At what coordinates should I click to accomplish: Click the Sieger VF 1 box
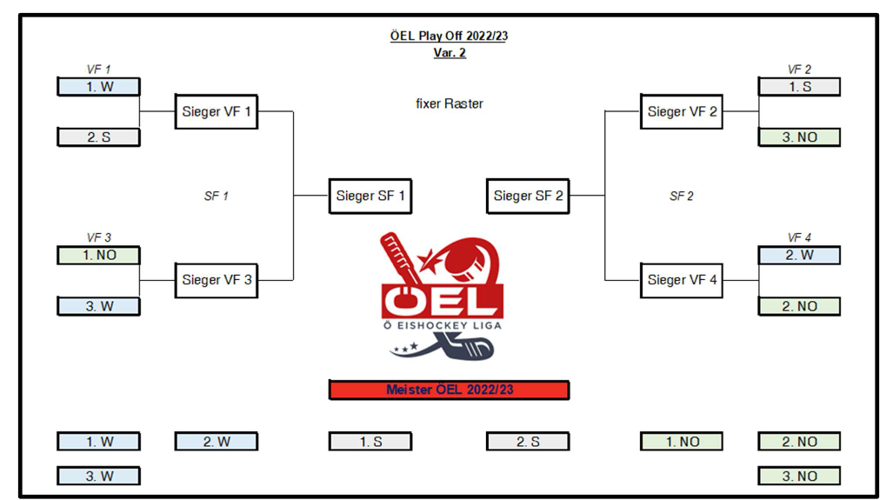(217, 111)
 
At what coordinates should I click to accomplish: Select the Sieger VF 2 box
(682, 111)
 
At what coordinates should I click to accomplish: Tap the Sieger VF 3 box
(217, 280)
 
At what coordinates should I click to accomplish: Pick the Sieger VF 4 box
(682, 280)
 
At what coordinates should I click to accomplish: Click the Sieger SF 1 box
(370, 196)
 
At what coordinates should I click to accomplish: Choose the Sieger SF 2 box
(528, 196)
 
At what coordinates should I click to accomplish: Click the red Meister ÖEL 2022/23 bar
(449, 390)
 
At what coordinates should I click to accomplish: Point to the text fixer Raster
(450, 103)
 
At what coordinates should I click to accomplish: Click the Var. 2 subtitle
(450, 52)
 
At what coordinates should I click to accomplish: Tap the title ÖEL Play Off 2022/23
(450, 36)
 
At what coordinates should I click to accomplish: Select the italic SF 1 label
(216, 197)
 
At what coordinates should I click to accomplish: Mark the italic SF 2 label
(682, 197)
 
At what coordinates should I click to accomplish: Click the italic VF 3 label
(98, 237)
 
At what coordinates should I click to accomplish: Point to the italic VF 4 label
(799, 237)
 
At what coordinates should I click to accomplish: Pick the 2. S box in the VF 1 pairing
(98, 137)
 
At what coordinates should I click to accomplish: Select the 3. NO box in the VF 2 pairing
(799, 137)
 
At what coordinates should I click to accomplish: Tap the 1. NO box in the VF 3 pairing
(98, 256)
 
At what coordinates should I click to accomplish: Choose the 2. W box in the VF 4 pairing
(799, 256)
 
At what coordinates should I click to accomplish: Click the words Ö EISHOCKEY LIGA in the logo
(442, 326)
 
